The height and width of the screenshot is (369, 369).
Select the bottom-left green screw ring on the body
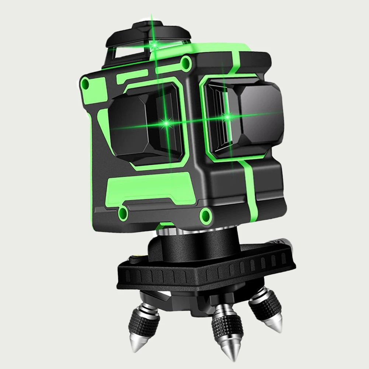coord(123,211)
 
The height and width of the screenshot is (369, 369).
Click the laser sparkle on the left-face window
coord(166,122)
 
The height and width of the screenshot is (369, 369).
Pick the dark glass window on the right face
coord(254,114)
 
